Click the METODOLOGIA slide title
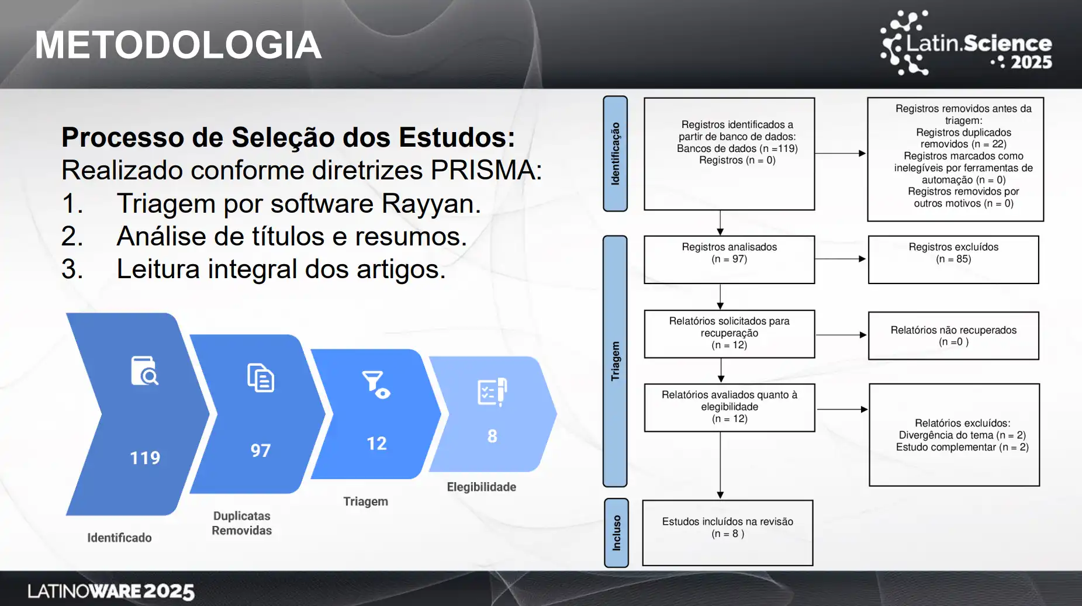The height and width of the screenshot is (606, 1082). tap(178, 45)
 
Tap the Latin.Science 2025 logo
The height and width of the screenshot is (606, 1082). tap(966, 43)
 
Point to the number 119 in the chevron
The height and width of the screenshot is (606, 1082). tap(145, 458)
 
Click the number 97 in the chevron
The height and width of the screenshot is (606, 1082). tap(261, 451)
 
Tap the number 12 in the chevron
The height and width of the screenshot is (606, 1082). tap(376, 444)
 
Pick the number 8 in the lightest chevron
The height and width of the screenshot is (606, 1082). tap(492, 436)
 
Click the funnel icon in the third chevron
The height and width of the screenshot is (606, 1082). tap(376, 385)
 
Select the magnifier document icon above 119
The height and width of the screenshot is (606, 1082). tap(144, 370)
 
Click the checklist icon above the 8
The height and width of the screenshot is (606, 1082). tap(492, 392)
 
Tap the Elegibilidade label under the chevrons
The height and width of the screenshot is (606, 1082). tap(482, 487)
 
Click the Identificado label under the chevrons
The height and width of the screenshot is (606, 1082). tap(119, 538)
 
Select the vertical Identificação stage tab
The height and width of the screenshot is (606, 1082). tap(615, 154)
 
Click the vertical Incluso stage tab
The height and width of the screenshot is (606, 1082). tap(616, 533)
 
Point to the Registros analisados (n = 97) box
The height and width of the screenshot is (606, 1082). tap(729, 259)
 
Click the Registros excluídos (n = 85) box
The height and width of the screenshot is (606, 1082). tap(953, 259)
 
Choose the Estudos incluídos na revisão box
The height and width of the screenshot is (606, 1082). tap(728, 533)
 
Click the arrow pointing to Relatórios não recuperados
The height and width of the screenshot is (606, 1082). tap(841, 335)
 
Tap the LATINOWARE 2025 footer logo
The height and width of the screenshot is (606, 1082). tap(111, 591)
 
